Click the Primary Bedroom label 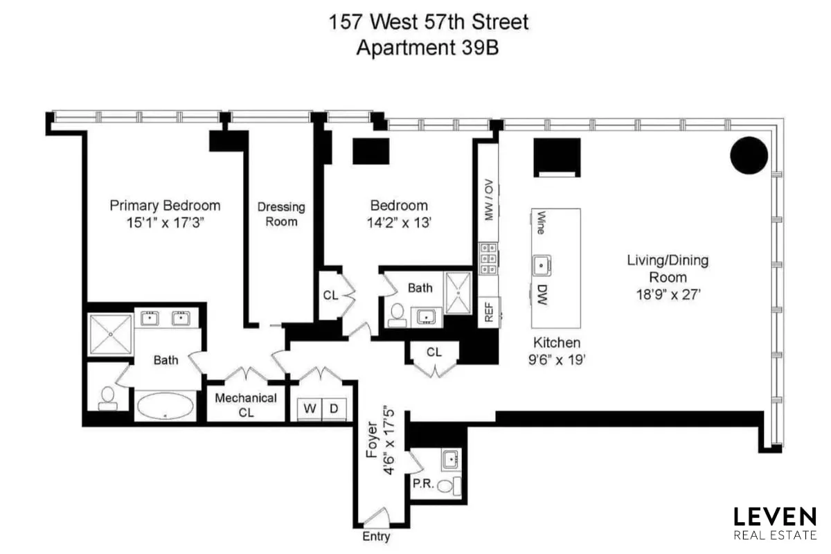(165, 206)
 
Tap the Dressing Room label (281, 214)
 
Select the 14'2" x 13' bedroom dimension (399, 223)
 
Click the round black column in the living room (749, 155)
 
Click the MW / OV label (488, 200)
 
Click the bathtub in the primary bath (165, 406)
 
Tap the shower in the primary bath (110, 334)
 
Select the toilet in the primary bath (107, 395)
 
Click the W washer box (310, 409)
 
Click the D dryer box (334, 409)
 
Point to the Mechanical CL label (246, 405)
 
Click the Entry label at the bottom (376, 537)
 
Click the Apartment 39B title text (429, 48)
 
